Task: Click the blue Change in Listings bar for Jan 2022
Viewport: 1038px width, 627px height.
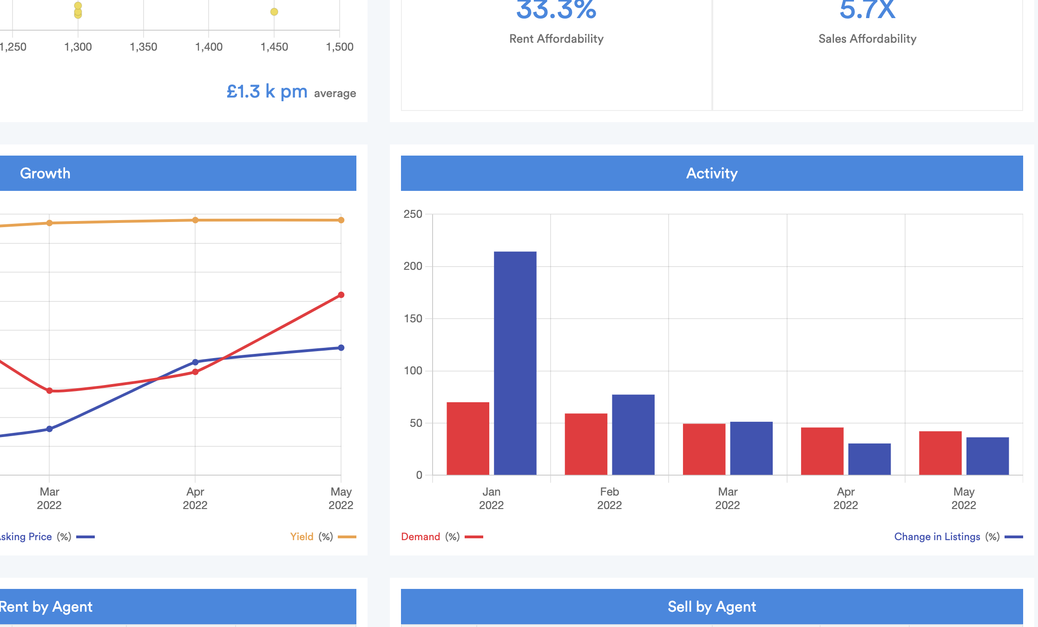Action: click(x=515, y=363)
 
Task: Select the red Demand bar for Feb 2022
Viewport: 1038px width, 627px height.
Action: click(x=586, y=444)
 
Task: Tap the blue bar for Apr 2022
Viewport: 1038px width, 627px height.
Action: click(x=869, y=459)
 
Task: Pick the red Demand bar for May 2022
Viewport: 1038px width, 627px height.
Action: click(x=940, y=453)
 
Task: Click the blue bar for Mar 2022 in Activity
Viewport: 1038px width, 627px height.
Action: click(x=751, y=448)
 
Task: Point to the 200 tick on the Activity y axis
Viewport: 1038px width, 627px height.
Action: click(x=413, y=266)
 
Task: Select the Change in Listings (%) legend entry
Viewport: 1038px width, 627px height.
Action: click(x=946, y=537)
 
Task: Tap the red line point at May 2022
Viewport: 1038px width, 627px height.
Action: click(x=341, y=295)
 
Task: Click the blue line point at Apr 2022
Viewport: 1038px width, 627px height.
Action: click(x=195, y=362)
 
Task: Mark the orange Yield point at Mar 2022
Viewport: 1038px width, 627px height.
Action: click(x=49, y=223)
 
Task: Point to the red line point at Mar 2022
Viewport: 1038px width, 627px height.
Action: click(x=49, y=391)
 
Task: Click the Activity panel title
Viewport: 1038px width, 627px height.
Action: click(x=711, y=173)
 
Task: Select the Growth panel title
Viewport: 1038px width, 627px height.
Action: click(x=45, y=173)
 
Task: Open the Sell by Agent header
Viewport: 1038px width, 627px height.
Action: click(x=711, y=607)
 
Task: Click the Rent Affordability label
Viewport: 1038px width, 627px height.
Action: click(x=556, y=39)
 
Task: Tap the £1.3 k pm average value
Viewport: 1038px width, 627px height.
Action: click(x=267, y=91)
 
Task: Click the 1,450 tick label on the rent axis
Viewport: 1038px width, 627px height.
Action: click(x=274, y=47)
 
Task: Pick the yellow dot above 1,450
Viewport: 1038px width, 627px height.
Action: click(x=274, y=12)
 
